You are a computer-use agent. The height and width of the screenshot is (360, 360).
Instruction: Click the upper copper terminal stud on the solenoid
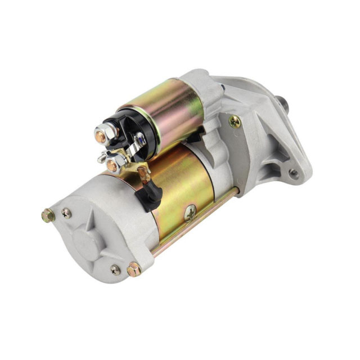[100, 134]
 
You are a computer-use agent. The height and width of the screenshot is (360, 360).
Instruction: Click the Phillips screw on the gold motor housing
[191, 212]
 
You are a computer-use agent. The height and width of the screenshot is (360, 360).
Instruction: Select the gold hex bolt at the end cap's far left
[48, 215]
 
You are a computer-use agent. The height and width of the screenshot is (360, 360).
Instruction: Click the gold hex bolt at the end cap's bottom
[133, 269]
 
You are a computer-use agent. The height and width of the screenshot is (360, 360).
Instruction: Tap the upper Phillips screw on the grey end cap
[66, 213]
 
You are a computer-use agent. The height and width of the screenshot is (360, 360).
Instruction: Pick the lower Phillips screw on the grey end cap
[115, 270]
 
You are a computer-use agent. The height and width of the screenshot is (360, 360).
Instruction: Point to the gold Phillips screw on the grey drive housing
[235, 121]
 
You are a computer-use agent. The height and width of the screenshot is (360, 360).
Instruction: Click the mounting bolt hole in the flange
[294, 173]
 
